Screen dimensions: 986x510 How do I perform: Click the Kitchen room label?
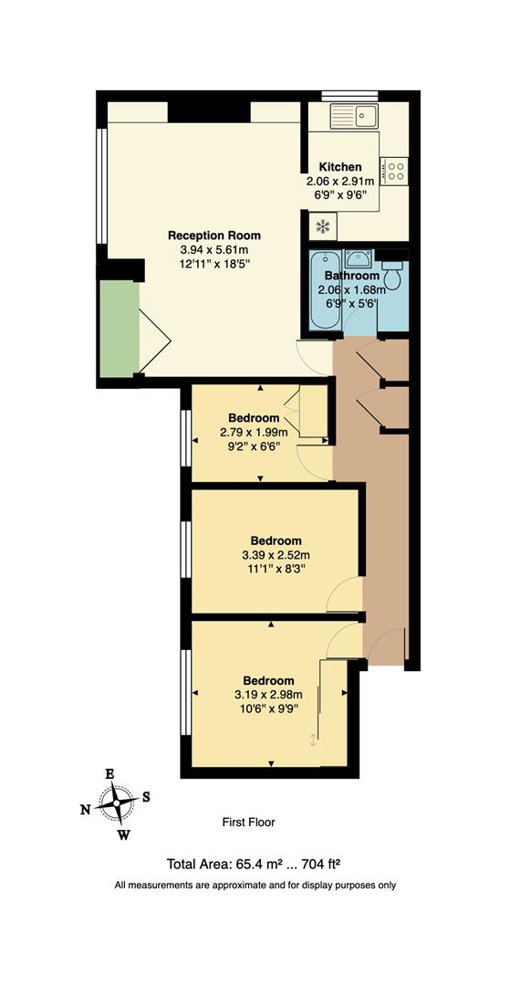(x=339, y=167)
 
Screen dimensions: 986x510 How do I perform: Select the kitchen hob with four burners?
(x=396, y=169)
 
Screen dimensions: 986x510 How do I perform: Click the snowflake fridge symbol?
(x=322, y=226)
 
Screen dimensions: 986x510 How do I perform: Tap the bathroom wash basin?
(x=359, y=258)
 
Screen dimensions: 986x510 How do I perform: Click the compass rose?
(x=116, y=804)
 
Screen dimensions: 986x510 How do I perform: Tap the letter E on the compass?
(x=109, y=774)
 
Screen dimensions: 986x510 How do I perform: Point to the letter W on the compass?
(x=124, y=834)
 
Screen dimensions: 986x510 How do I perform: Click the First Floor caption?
(x=248, y=823)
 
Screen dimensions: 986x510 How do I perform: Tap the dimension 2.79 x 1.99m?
(x=254, y=433)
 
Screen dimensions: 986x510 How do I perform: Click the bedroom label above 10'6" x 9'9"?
(x=268, y=680)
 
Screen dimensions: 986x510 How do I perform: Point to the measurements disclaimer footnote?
(x=255, y=885)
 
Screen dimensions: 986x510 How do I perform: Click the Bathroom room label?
(x=348, y=276)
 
